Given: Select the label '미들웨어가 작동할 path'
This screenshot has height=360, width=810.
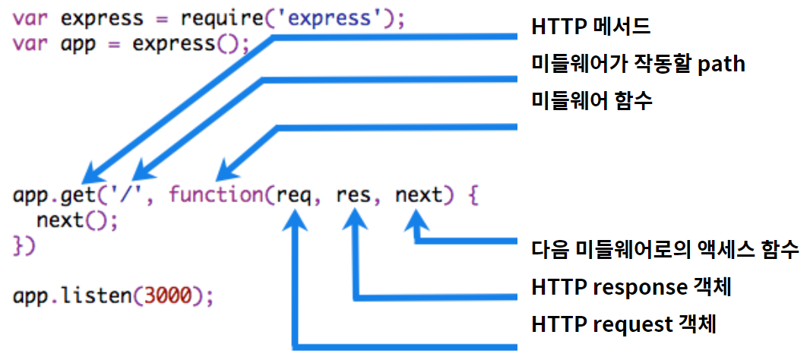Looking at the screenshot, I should coord(638,65).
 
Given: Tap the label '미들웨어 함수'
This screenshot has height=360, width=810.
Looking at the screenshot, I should coord(591,100).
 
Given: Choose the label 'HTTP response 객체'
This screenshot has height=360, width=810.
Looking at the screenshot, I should coord(634,288).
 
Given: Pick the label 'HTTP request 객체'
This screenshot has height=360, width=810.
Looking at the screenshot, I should coord(624,324).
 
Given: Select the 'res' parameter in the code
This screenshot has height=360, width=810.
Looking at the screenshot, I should coord(353,195).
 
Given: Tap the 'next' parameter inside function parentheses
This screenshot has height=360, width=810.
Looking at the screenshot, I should coord(418,195).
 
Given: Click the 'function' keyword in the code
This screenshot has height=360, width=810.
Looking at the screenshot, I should coord(215,195).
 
